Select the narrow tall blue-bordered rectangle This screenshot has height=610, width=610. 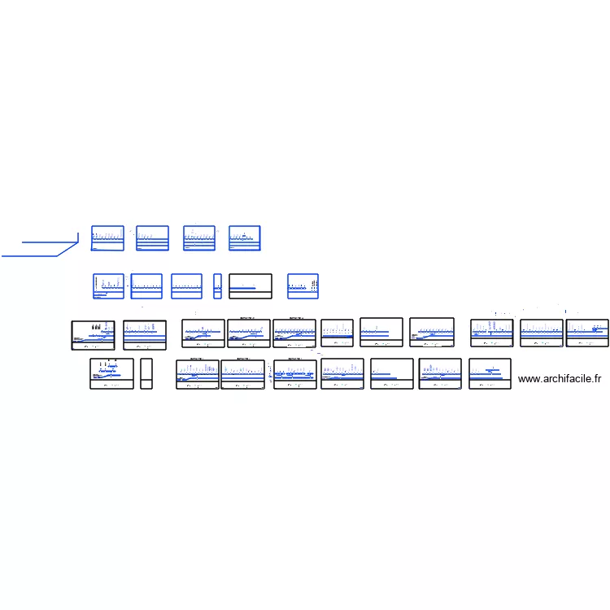pyautogui.click(x=217, y=286)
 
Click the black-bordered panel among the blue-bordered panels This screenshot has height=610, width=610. pyautogui.click(x=250, y=286)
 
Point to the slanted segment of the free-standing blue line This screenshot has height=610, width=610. pyautogui.click(x=68, y=248)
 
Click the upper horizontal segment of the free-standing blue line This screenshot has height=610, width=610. pyautogui.click(x=50, y=242)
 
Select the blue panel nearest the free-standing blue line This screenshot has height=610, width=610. pyautogui.click(x=107, y=238)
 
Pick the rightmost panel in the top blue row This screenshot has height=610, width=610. pyautogui.click(x=245, y=238)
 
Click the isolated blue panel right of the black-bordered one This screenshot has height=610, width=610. pyautogui.click(x=303, y=286)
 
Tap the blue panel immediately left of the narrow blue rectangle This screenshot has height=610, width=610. pyautogui.click(x=186, y=286)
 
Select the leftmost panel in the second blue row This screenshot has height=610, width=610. pyautogui.click(x=108, y=286)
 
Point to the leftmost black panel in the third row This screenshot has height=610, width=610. pyautogui.click(x=93, y=335)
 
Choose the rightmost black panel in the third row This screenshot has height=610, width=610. pyautogui.click(x=587, y=333)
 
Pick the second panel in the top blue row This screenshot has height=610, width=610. pyautogui.click(x=152, y=238)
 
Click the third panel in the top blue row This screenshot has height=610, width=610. pyautogui.click(x=199, y=238)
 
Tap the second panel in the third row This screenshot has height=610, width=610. pyautogui.click(x=145, y=335)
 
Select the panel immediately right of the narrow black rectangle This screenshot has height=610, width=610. pyautogui.click(x=198, y=374)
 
